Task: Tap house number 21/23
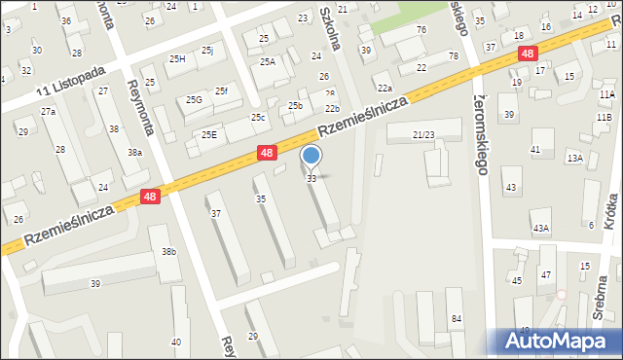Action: point(423,134)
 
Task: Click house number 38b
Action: point(168,252)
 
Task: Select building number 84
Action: point(455,319)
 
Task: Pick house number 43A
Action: point(540,229)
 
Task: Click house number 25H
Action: point(177,59)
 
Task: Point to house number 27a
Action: point(48,112)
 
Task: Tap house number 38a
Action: point(134,153)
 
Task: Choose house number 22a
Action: point(385,89)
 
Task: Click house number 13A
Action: point(575,158)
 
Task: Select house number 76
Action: point(421,30)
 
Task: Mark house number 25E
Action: point(208,134)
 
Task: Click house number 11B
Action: point(605,118)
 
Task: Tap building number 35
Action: point(260,198)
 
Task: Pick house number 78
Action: point(454,56)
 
